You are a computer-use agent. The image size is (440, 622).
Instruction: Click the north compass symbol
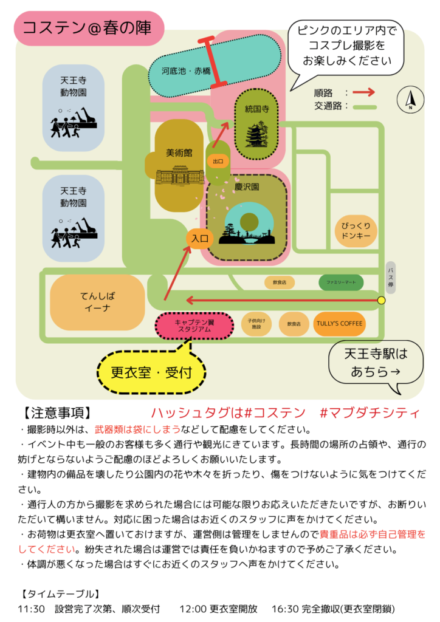pyautogui.click(x=410, y=99)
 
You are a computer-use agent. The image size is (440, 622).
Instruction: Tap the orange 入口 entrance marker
pyautogui.click(x=201, y=238)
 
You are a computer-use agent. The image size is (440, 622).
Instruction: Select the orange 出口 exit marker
pyautogui.click(x=217, y=161)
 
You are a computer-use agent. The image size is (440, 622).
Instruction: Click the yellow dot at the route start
pyautogui.click(x=381, y=300)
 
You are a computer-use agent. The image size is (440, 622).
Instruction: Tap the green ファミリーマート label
pyautogui.click(x=341, y=282)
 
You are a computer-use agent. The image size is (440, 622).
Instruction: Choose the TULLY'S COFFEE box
pyautogui.click(x=339, y=323)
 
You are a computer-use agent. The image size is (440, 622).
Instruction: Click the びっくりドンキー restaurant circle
pyautogui.click(x=356, y=230)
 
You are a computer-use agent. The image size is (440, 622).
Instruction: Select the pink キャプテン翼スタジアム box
pyautogui.click(x=194, y=325)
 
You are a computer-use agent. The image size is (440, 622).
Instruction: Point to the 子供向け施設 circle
pyautogui.click(x=256, y=323)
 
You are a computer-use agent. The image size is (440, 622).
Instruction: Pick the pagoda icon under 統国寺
pyautogui.click(x=256, y=135)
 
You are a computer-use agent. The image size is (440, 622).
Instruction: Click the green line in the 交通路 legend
pyautogui.click(x=365, y=106)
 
